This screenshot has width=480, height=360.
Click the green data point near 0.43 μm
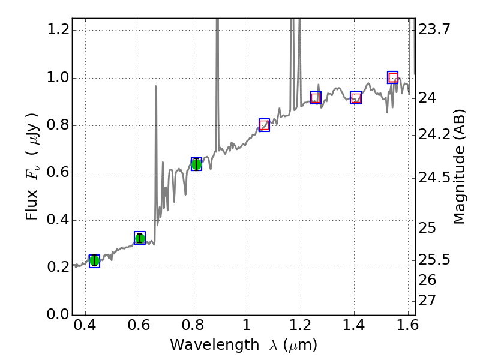pyautogui.click(x=94, y=261)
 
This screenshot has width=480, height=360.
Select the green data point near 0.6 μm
pyautogui.click(x=140, y=238)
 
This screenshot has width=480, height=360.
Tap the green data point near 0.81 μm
pyautogui.click(x=196, y=164)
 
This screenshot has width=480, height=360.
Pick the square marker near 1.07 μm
pyautogui.click(x=264, y=125)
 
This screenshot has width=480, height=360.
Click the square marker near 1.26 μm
pyautogui.click(x=316, y=97)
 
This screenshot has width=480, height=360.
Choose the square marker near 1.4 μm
pyautogui.click(x=356, y=97)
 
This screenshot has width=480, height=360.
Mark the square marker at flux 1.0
pyautogui.click(x=393, y=77)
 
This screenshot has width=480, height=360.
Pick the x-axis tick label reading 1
pyautogui.click(x=246, y=328)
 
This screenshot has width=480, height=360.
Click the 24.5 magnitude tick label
pyautogui.click(x=434, y=178)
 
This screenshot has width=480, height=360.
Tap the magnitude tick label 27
pyautogui.click(x=427, y=300)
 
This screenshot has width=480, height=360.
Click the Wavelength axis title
pyautogui.click(x=244, y=346)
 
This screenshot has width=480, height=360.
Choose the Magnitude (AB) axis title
pyautogui.click(x=460, y=166)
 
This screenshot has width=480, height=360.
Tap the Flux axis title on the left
pyautogui.click(x=33, y=166)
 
